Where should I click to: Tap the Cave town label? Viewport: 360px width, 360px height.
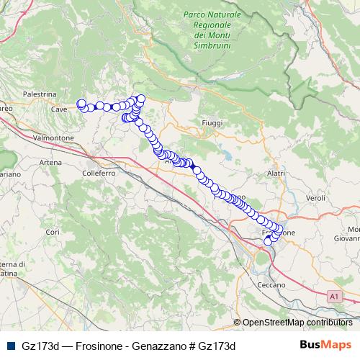60,109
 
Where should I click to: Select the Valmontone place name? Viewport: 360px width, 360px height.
55,137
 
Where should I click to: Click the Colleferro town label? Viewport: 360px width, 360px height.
99,174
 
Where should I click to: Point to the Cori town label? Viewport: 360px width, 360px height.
52,232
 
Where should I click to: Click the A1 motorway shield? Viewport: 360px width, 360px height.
333,295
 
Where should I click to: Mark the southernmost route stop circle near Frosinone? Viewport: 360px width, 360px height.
269,242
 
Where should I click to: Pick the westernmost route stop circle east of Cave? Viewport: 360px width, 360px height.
81,103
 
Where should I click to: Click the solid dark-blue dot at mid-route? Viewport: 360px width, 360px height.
193,166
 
